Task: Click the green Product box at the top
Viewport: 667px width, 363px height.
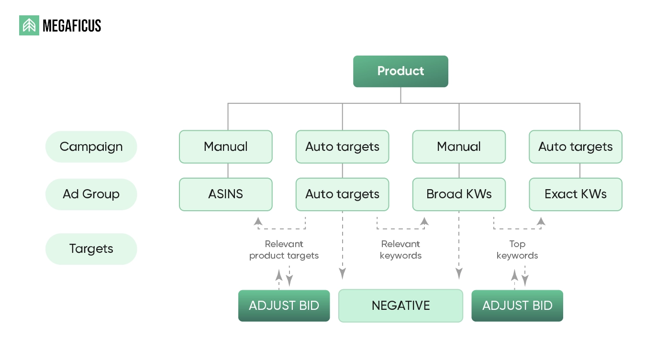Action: pos(400,71)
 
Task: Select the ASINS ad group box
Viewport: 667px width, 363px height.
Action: pos(226,194)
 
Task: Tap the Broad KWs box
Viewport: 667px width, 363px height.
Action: pos(459,194)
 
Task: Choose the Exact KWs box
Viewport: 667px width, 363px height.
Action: pos(575,194)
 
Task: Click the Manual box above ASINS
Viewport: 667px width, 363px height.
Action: pos(226,147)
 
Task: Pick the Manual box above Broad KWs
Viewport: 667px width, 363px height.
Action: pos(459,147)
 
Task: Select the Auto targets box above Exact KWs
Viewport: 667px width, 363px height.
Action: pos(575,147)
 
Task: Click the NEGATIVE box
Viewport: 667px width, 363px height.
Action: pos(400,306)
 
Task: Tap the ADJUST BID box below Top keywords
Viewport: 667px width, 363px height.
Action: pos(517,306)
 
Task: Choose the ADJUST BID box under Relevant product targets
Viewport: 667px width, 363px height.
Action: pos(284,306)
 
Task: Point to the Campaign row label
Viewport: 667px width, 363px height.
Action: pos(91,147)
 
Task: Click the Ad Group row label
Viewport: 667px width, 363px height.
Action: pos(91,194)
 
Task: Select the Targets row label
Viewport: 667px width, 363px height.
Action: pos(91,249)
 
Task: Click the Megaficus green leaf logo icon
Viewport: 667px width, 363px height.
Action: pos(29,25)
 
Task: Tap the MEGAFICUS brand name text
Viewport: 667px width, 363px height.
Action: pos(72,26)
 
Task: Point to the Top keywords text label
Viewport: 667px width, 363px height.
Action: pos(517,250)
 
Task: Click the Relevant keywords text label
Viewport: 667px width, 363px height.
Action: pos(400,250)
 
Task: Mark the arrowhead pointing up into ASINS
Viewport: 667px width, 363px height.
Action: pos(258,221)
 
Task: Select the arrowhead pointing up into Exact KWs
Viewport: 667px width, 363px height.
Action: pos(541,221)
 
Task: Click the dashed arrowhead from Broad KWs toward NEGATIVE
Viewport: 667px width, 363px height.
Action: pos(459,274)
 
